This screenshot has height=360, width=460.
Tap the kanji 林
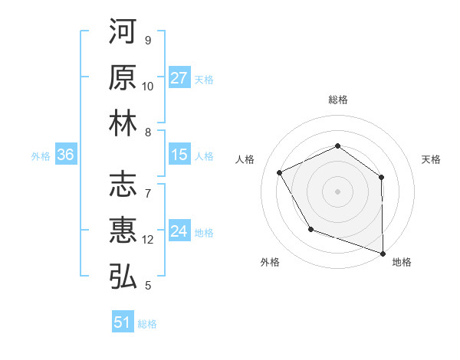pos(123,123)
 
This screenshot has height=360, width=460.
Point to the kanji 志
pos(123,185)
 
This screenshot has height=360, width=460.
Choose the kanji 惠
pos(123,231)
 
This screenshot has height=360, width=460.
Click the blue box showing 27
pos(179,78)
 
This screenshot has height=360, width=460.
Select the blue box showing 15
pos(179,155)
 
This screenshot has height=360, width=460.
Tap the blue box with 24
pos(179,231)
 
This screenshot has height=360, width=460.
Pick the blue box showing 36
pos(66,155)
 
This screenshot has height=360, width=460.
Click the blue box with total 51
pos(123,322)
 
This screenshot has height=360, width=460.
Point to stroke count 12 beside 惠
pos(148,240)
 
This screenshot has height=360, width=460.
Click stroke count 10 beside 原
pos(148,87)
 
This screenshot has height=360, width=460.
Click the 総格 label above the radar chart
pos(337,100)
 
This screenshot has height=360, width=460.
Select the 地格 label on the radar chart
pos(402,263)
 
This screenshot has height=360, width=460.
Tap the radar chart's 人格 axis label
pos(245,159)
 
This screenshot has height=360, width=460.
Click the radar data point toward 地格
pos(383,253)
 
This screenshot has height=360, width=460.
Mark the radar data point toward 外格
pos(310,229)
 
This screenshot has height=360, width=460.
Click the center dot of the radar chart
pos(337,191)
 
